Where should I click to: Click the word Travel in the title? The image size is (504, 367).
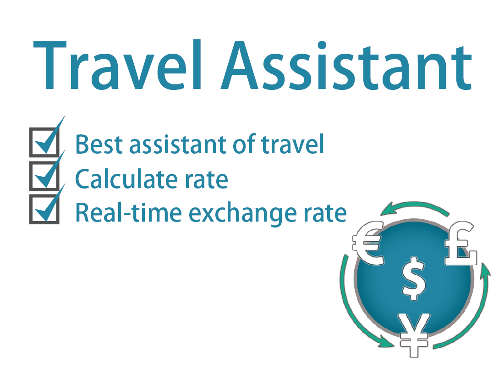tap(118, 65)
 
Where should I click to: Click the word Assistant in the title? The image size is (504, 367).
tap(346, 66)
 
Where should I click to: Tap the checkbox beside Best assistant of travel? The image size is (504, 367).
tap(44, 142)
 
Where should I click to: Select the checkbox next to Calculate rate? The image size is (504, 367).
tap(44, 176)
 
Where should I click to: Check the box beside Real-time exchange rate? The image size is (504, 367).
tap(44, 209)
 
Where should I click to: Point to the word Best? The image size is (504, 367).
tap(99, 145)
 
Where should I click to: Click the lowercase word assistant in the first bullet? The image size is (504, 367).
tap(179, 145)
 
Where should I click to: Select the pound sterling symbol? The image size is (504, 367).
tap(460, 243)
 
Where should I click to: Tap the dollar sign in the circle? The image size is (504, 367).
tap(414, 278)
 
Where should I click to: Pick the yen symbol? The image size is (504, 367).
tap(414, 335)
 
